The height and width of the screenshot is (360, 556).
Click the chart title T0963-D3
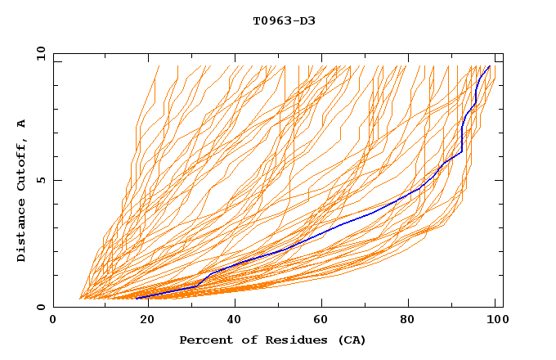[284, 20]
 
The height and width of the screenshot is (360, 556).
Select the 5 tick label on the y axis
[40, 180]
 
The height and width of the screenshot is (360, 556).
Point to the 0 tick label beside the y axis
[40, 307]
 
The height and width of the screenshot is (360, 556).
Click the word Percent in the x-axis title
[204, 340]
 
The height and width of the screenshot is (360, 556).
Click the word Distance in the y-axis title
[22, 230]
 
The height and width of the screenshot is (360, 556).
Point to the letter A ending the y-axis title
[22, 123]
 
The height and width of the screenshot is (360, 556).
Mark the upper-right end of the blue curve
[490, 66]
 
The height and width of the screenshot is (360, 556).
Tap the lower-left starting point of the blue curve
[137, 298]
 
